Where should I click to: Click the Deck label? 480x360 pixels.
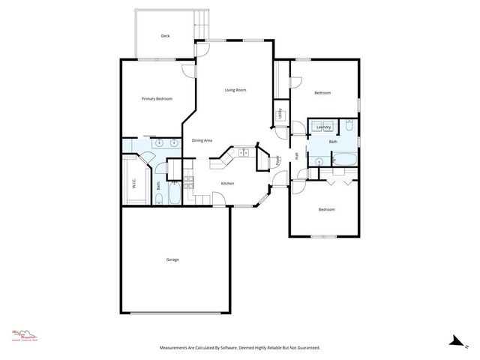[x=166, y=36]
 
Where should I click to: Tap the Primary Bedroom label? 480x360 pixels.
[x=157, y=99]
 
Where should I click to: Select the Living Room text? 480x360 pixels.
[x=235, y=90]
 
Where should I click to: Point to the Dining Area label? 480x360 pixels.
[x=202, y=140]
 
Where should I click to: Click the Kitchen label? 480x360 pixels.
[x=227, y=184]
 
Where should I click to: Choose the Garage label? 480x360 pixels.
[x=172, y=259]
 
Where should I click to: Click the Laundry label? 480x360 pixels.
[x=324, y=127]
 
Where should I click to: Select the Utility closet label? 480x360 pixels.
[x=280, y=114]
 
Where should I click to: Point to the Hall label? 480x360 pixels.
[x=296, y=156]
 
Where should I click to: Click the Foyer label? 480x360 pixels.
[x=277, y=160]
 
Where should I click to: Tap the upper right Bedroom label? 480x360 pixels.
[x=322, y=93]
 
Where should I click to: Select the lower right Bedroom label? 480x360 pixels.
[x=326, y=210]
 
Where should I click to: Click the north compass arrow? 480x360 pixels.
[x=454, y=341]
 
